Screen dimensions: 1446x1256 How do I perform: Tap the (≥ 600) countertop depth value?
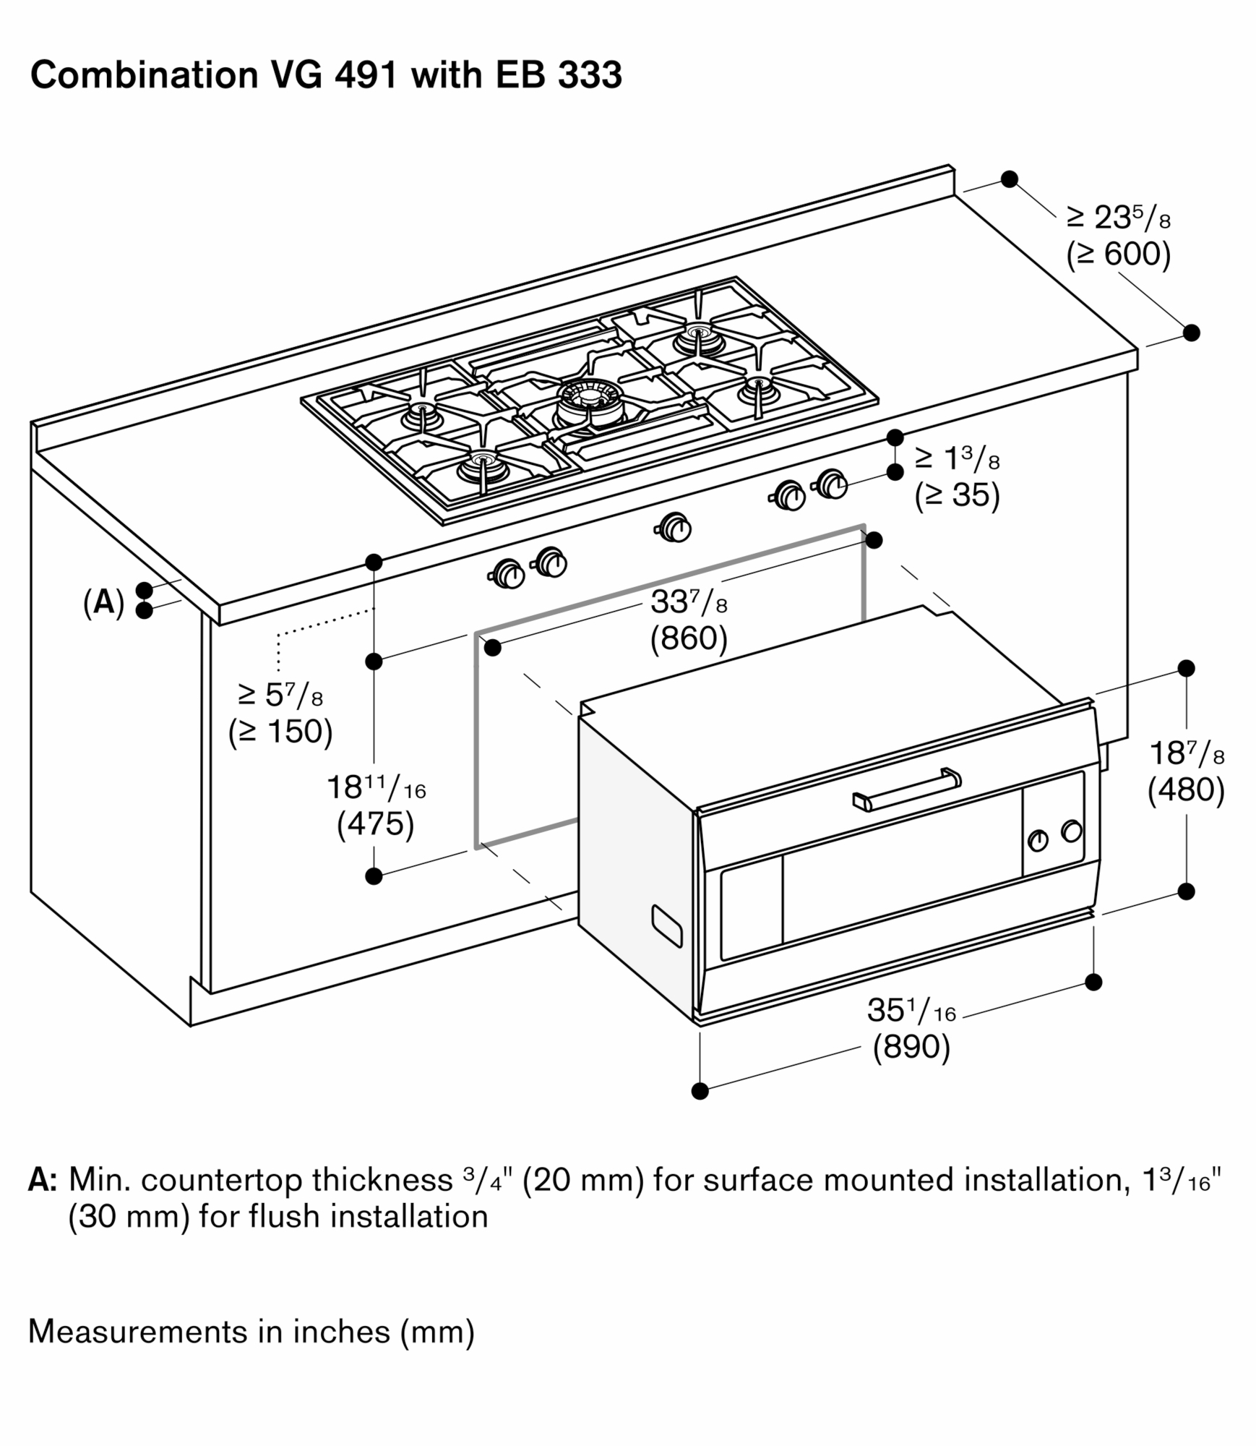coord(1118,254)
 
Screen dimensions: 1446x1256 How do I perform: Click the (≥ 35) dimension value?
coord(957,495)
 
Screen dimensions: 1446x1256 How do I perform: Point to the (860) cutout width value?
coord(688,638)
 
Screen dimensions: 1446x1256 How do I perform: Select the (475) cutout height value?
coord(375,823)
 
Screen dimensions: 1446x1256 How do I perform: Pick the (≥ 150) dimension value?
coord(280,732)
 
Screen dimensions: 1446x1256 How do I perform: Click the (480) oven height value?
coord(1186,790)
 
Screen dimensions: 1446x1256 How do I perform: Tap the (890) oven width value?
coord(911,1046)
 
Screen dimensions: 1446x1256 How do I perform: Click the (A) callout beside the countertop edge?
coord(104,602)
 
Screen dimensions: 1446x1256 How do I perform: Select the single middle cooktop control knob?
coord(674,527)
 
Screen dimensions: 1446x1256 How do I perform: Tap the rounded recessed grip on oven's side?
coord(666,925)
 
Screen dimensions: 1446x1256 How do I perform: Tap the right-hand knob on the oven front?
coord(1071,831)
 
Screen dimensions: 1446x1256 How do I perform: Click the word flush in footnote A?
coord(279,1217)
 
